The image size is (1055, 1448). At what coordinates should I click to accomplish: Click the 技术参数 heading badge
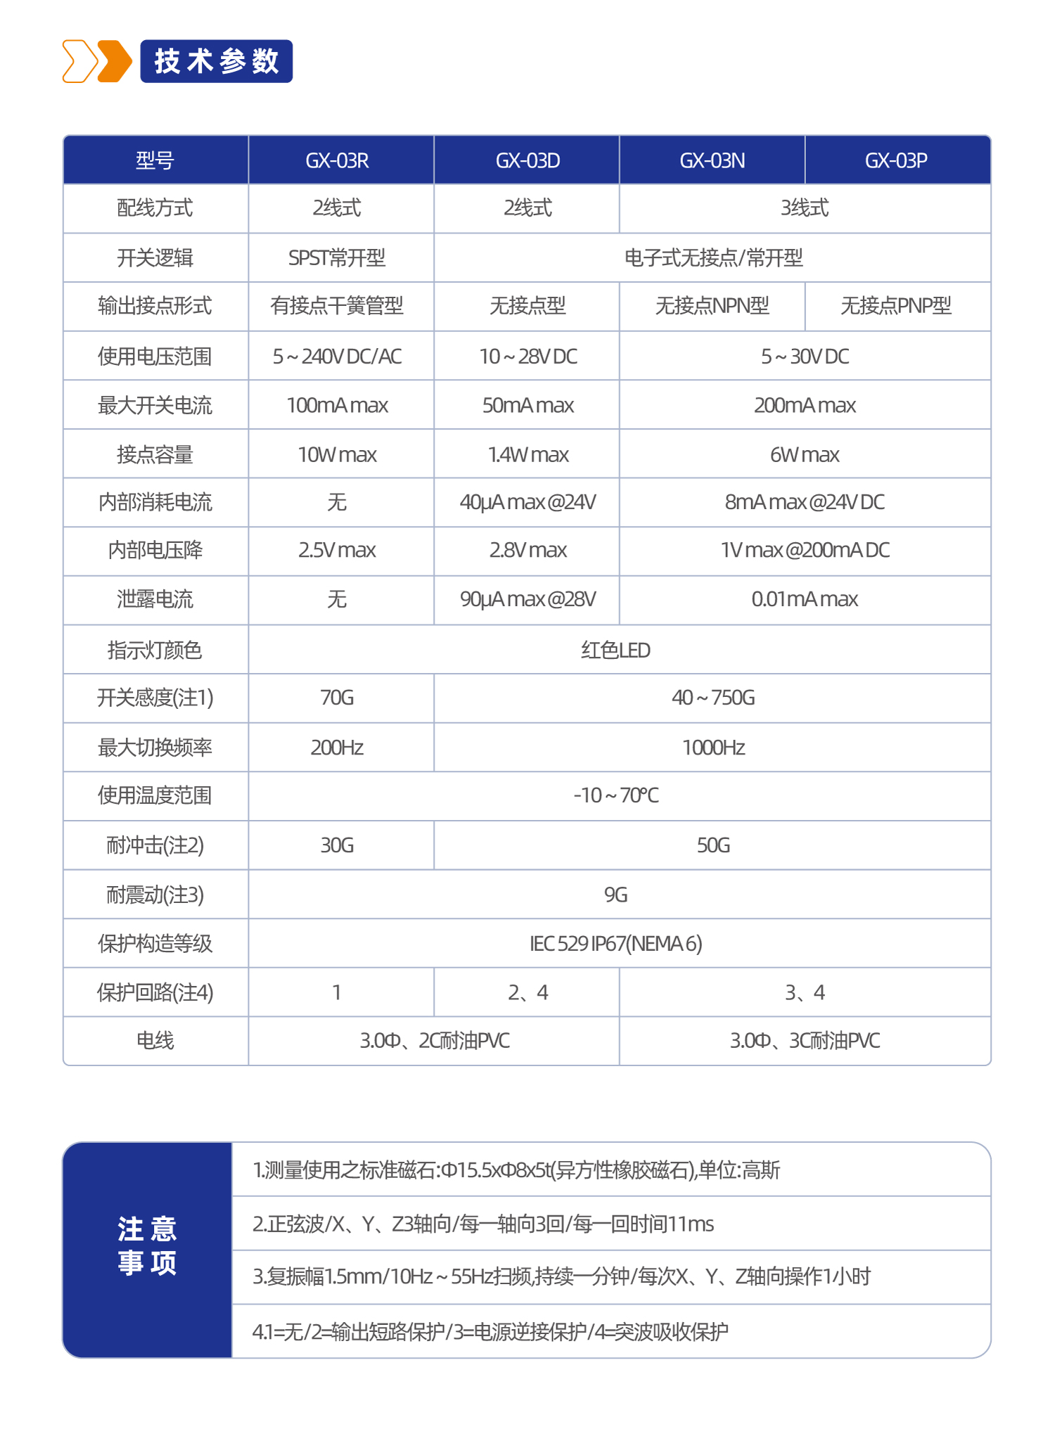point(216,62)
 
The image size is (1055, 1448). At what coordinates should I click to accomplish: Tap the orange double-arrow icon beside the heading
point(97,62)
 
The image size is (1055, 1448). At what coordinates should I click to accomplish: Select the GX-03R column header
point(337,160)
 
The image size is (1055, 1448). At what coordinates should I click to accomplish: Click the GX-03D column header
point(527,160)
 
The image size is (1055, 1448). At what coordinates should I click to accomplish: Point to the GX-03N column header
point(712,160)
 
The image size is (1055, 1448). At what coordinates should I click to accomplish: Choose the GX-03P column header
point(896,160)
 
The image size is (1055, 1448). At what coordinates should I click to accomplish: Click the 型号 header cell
point(155,160)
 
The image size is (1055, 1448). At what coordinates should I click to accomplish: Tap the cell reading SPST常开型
point(337,258)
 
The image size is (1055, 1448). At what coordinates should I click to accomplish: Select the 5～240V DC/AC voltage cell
point(337,357)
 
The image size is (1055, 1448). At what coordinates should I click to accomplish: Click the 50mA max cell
point(527,405)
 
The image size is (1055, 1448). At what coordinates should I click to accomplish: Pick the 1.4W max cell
point(527,454)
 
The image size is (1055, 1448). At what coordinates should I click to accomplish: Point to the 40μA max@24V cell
point(527,502)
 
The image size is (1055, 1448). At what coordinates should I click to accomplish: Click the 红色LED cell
point(615,650)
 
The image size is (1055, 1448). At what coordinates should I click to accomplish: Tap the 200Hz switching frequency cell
point(337,747)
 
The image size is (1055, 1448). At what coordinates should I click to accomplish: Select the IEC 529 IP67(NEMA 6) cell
point(615,943)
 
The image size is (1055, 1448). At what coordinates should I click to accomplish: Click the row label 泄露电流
point(155,599)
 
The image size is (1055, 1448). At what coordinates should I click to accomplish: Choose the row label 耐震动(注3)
point(155,895)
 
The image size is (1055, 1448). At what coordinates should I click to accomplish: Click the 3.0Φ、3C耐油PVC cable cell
point(805,1040)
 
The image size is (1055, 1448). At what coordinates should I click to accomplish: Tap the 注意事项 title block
point(147,1245)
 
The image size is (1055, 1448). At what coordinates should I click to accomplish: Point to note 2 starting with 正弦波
point(483,1224)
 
